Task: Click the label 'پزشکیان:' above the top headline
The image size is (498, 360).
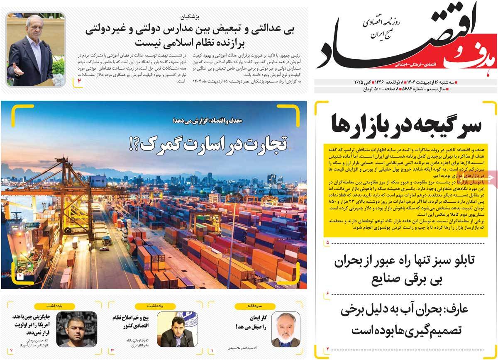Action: [x=188, y=17]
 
